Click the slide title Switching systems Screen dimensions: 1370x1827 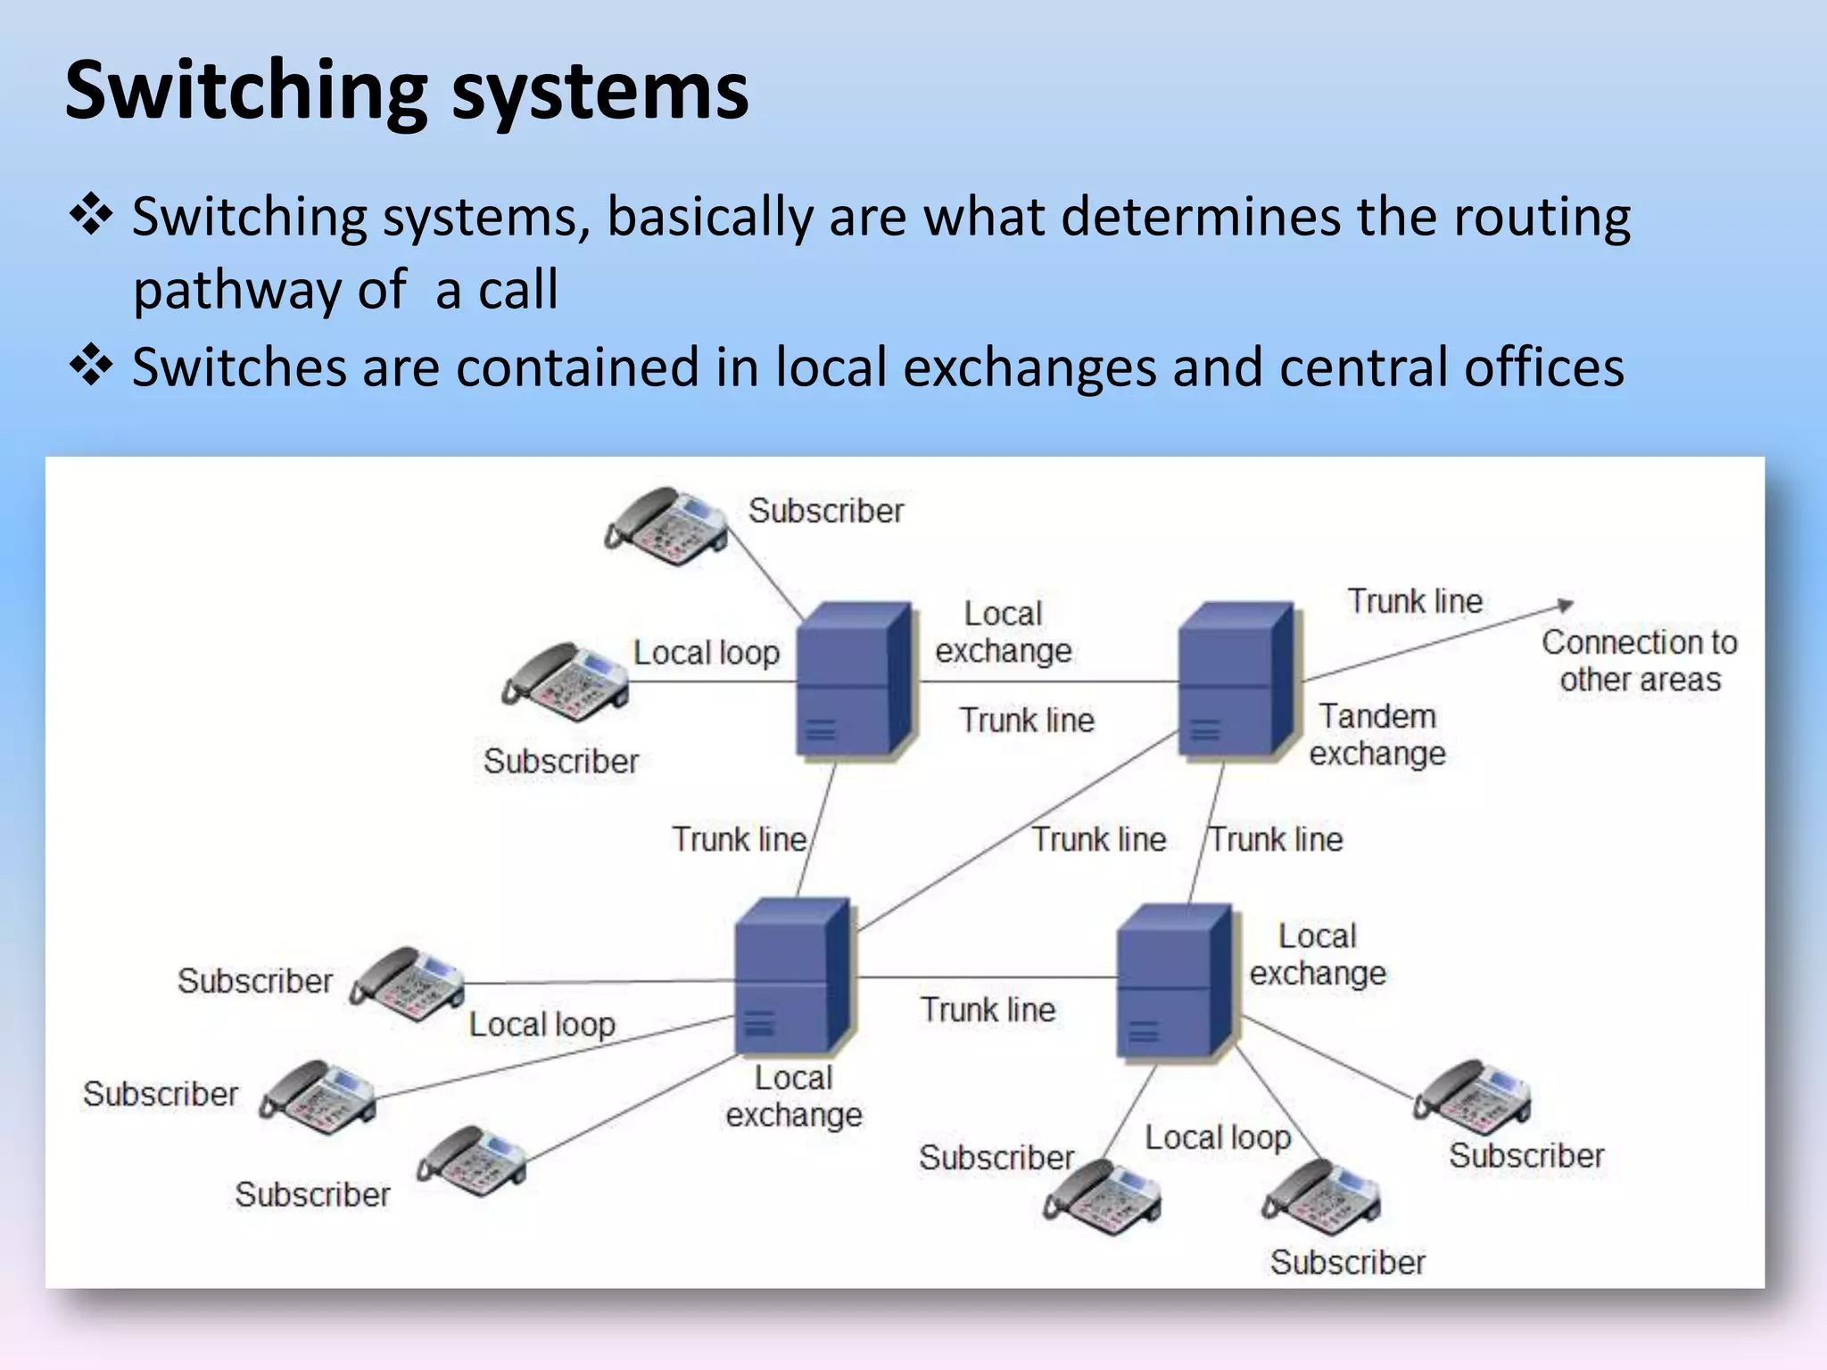pyautogui.click(x=407, y=92)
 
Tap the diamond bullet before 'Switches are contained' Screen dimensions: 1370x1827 pyautogui.click(x=91, y=367)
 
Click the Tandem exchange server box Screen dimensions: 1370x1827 pyautogui.click(x=1236, y=681)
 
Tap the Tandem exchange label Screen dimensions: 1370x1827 pyautogui.click(x=1376, y=735)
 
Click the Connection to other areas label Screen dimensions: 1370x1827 pyautogui.click(x=1640, y=661)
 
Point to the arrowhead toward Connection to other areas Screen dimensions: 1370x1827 pyautogui.click(x=1566, y=605)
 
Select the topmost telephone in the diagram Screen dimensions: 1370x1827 pyautogui.click(x=666, y=526)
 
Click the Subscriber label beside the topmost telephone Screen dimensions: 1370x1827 pyautogui.click(x=825, y=511)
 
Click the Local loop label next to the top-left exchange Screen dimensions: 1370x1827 pyautogui.click(x=706, y=653)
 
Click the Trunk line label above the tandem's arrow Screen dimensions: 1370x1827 pyautogui.click(x=1415, y=601)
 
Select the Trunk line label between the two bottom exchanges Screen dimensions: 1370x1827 pyautogui.click(x=988, y=1010)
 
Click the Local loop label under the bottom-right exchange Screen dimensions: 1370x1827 pyautogui.click(x=1218, y=1138)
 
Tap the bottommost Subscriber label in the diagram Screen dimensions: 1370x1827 pyautogui.click(x=1347, y=1263)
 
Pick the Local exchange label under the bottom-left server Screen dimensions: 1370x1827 pyautogui.click(x=794, y=1097)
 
